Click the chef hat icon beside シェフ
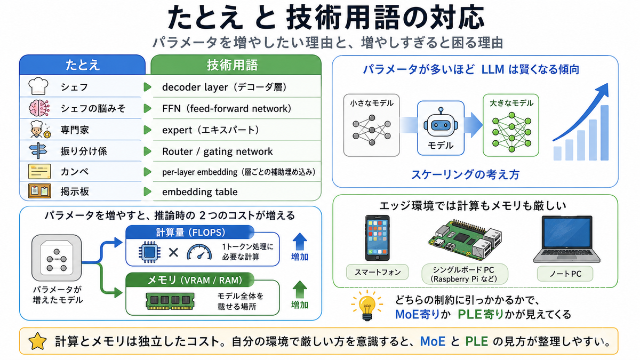pos(38,86)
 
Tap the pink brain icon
pos(39,108)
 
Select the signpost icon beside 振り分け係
pos(38,150)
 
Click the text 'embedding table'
pos(199,191)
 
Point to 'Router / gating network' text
pos(218,151)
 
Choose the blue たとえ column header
pos(82,65)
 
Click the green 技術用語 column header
pos(236,65)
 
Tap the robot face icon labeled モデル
pos(441,123)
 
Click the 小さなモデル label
pos(371,103)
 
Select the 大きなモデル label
pos(511,103)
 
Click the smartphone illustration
pos(378,238)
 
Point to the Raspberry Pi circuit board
pos(465,240)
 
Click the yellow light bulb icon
pos(367,305)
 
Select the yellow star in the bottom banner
pos(37,341)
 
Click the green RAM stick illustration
pos(170,301)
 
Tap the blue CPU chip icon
pos(149,252)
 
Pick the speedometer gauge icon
pos(199,252)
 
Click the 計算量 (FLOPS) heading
pos(190,233)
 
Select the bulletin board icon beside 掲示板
pos(39,191)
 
